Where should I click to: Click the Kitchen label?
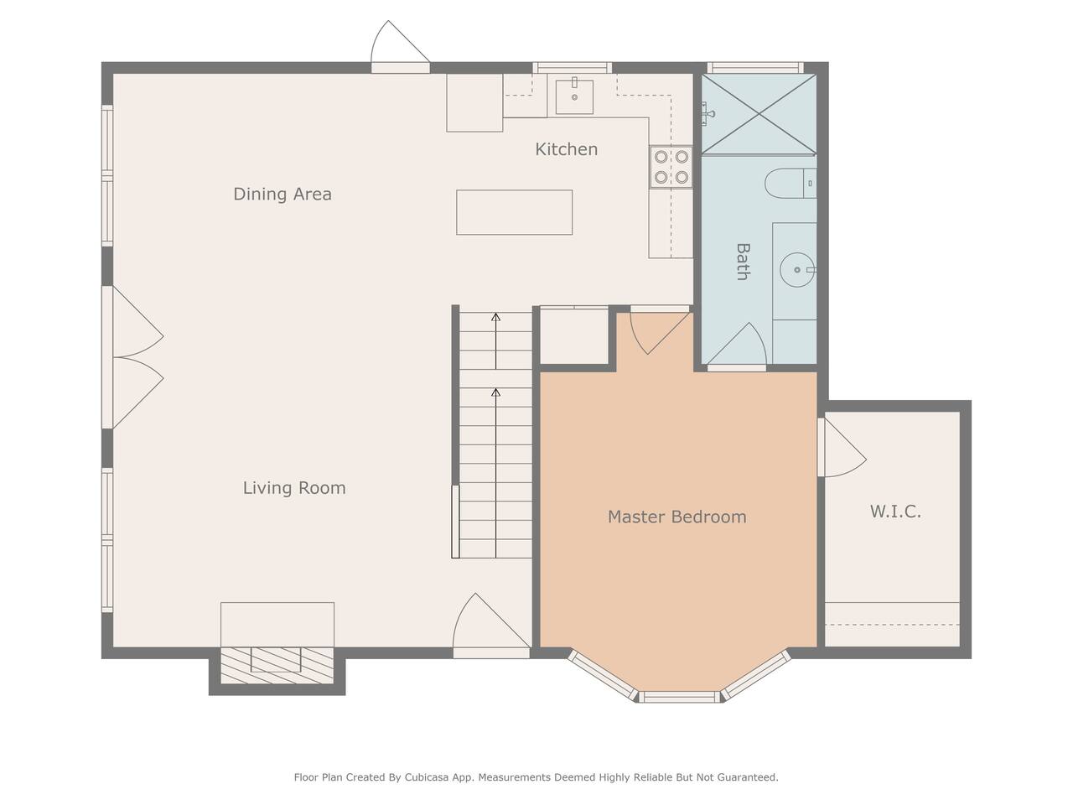[566, 149]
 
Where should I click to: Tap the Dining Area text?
[283, 194]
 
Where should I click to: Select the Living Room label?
[294, 488]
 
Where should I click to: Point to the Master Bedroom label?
[677, 517]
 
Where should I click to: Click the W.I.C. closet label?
[895, 512]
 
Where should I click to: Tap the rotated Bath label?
[743, 262]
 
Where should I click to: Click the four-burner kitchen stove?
[671, 167]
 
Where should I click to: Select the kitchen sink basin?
[574, 96]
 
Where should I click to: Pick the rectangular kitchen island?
[514, 212]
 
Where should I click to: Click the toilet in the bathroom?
[790, 184]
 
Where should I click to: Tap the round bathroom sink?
[797, 270]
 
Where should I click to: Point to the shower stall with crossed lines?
[759, 114]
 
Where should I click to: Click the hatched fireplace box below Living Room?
[277, 665]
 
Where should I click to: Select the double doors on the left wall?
[132, 357]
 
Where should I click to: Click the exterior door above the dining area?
[401, 48]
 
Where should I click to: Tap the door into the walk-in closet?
[842, 447]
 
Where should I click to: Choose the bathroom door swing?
[737, 345]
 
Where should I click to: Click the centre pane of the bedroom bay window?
[680, 697]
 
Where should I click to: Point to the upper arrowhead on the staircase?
[495, 317]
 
